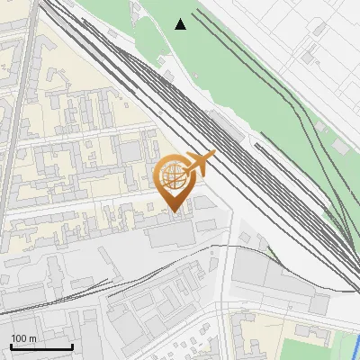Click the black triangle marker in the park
coord(181,23)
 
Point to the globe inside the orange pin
coord(174,176)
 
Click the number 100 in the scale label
coord(18,337)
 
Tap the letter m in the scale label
coord(31,337)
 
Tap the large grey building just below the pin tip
coord(171,234)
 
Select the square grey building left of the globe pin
coord(132,148)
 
